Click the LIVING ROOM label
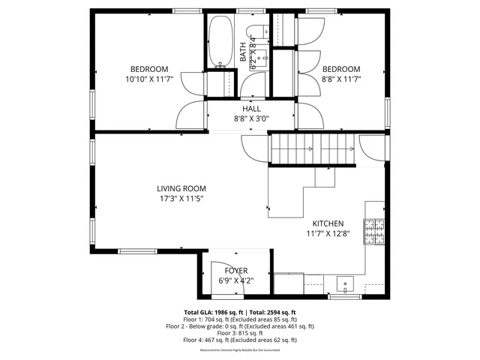[181, 188]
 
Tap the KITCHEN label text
[328, 223]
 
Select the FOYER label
[235, 271]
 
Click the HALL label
[251, 109]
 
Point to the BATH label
[242, 52]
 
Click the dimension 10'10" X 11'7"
[149, 79]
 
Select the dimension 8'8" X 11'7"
[341, 79]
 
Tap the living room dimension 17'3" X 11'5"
[181, 199]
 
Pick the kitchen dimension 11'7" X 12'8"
[328, 234]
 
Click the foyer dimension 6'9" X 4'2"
[235, 281]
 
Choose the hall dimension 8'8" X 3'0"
[251, 118]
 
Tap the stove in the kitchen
[374, 232]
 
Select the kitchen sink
[346, 284]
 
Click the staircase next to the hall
[311, 150]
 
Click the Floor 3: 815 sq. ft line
[240, 333]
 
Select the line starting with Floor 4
[240, 340]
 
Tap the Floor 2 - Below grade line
[240, 326]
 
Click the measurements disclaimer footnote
[240, 350]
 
